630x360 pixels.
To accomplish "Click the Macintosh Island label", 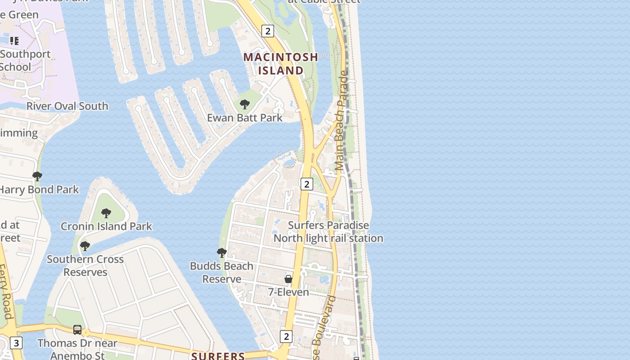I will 281,64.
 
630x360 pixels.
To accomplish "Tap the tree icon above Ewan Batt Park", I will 245,104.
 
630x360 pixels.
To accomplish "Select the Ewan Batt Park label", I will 245,118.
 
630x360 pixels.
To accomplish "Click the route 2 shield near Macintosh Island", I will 268,31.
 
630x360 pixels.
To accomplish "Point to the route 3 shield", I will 16,343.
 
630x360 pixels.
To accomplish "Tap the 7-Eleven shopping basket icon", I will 288,279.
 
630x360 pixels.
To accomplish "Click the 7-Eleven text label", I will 288,292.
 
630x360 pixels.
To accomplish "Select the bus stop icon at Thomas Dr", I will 77,330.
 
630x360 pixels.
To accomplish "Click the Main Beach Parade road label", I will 342,121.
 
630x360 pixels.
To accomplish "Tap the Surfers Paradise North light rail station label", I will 328,232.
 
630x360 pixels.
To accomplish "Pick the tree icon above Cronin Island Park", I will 106,213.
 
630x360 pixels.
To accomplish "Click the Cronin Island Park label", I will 107,226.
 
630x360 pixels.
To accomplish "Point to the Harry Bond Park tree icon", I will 37,176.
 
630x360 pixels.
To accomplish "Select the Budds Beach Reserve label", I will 221,272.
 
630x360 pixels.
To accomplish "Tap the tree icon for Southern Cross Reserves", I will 85,246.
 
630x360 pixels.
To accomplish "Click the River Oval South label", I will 67,106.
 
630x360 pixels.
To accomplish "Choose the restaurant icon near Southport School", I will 14,41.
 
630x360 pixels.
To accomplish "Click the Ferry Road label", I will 5,292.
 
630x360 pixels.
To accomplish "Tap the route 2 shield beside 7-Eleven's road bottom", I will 286,336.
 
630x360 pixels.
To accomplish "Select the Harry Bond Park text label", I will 39,189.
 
